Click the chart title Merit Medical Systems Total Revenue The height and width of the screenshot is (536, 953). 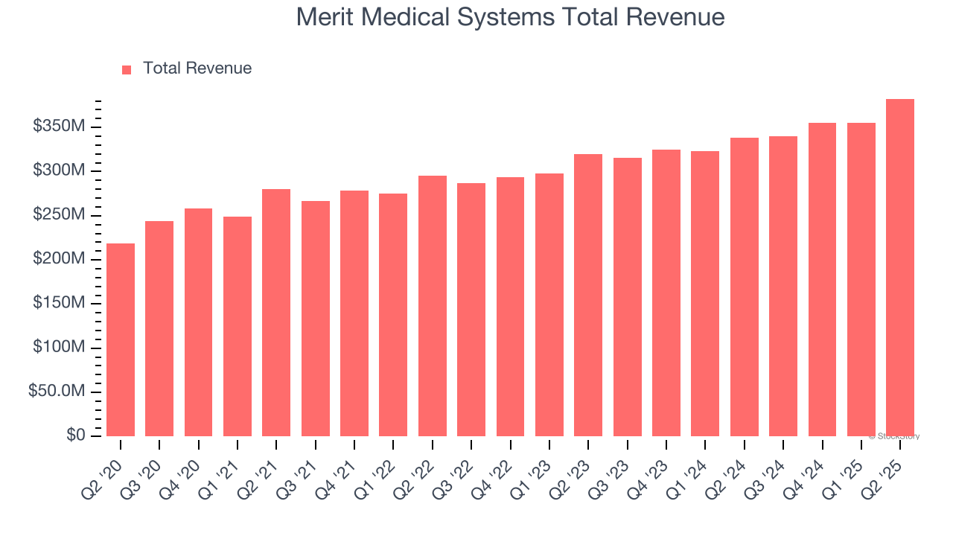(x=510, y=16)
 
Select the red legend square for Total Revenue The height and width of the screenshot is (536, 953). (x=127, y=69)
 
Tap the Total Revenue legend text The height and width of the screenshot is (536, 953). (x=197, y=68)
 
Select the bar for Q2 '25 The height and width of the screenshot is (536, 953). (x=900, y=267)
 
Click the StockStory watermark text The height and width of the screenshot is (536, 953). (x=893, y=436)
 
